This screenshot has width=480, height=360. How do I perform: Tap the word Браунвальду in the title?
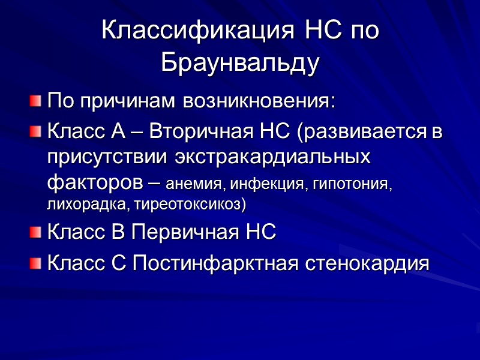coord(239,64)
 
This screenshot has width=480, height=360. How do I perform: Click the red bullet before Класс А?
coord(37,131)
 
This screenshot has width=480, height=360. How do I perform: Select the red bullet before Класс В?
coord(37,232)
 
